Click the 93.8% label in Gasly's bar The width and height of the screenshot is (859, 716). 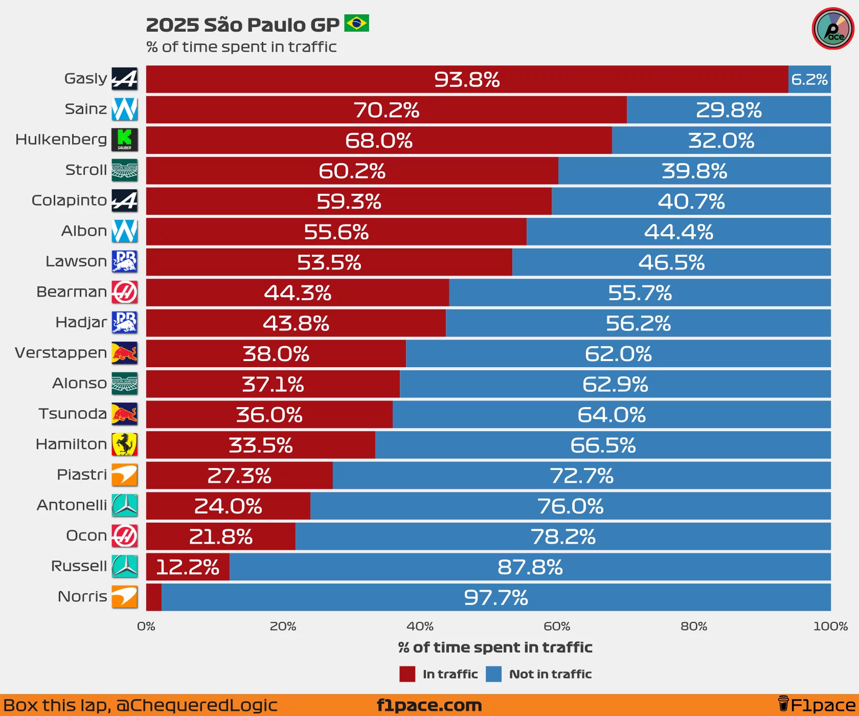point(467,80)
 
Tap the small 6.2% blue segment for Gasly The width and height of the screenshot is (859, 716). point(809,80)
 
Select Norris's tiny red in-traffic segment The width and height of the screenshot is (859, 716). point(154,597)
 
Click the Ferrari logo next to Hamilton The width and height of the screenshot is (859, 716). point(125,444)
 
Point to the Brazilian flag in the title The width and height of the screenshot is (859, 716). point(356,24)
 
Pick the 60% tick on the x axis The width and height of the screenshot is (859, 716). point(557,626)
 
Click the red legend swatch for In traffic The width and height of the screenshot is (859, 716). point(408,674)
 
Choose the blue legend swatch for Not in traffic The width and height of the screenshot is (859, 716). point(493,674)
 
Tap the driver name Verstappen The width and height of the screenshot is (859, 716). point(61,353)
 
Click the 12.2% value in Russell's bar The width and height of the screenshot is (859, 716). point(188,567)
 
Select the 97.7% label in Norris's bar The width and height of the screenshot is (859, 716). point(496,597)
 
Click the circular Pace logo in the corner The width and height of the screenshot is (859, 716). point(833,29)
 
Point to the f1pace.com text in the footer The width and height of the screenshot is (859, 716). point(429,706)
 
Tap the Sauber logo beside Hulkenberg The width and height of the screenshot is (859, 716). point(125,140)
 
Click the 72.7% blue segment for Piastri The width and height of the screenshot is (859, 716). point(581,476)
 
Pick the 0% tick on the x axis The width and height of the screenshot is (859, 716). point(146,626)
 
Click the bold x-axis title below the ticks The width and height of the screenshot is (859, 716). point(495,647)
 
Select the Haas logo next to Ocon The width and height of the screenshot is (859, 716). point(125,535)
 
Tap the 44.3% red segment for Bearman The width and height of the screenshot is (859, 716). point(298,293)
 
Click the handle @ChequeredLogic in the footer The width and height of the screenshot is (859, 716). point(196,706)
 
